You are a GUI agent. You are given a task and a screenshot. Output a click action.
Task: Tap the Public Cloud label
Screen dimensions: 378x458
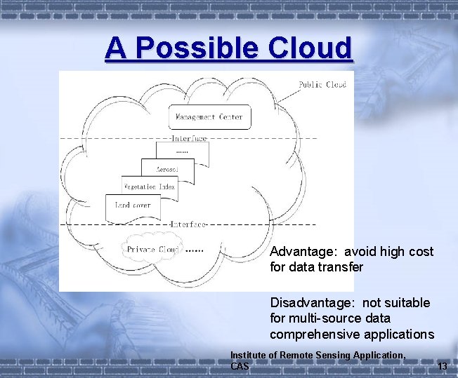click(x=322, y=85)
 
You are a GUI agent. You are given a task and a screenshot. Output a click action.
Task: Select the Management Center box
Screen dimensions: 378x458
click(x=209, y=117)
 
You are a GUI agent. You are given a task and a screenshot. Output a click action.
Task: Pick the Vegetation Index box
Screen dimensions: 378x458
click(x=150, y=187)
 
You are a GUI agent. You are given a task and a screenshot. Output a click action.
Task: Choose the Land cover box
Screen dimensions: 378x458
click(x=133, y=205)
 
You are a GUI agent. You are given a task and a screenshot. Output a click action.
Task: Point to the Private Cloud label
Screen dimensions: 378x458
click(x=152, y=250)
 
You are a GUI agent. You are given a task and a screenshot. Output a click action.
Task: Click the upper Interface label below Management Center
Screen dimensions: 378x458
click(x=188, y=138)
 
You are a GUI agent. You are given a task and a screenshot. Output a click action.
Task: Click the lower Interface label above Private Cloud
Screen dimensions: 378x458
click(x=186, y=224)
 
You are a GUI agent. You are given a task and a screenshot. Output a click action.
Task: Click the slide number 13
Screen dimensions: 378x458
click(x=442, y=367)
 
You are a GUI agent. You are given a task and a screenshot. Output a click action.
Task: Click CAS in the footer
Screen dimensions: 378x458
click(x=240, y=366)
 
